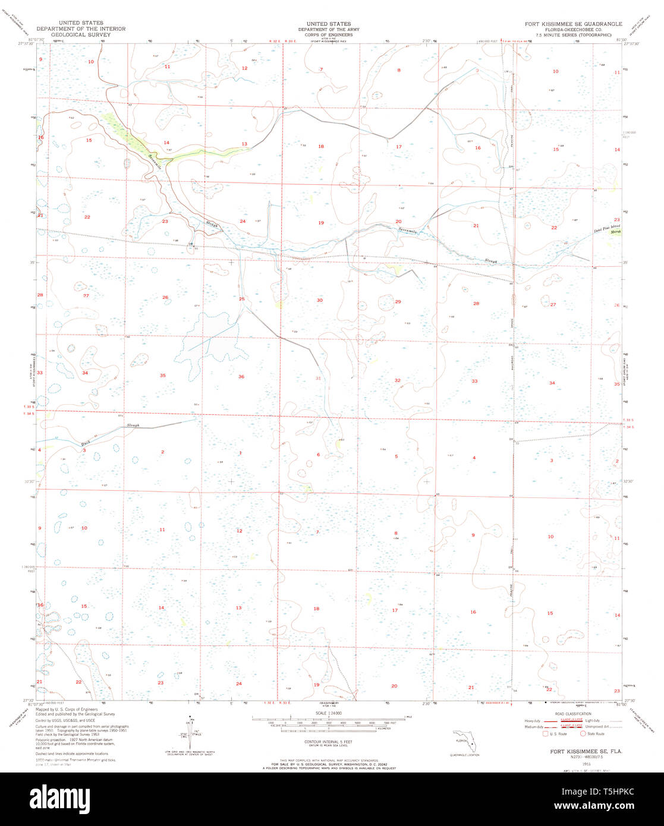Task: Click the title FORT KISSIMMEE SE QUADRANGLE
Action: point(573,24)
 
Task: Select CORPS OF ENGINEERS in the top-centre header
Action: point(324,35)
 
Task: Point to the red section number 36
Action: point(241,377)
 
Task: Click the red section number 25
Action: point(241,299)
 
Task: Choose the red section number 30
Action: point(319,301)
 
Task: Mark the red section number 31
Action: point(319,378)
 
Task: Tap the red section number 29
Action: point(398,302)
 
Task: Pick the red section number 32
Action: point(397,380)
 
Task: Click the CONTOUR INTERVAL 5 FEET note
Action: point(325,742)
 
